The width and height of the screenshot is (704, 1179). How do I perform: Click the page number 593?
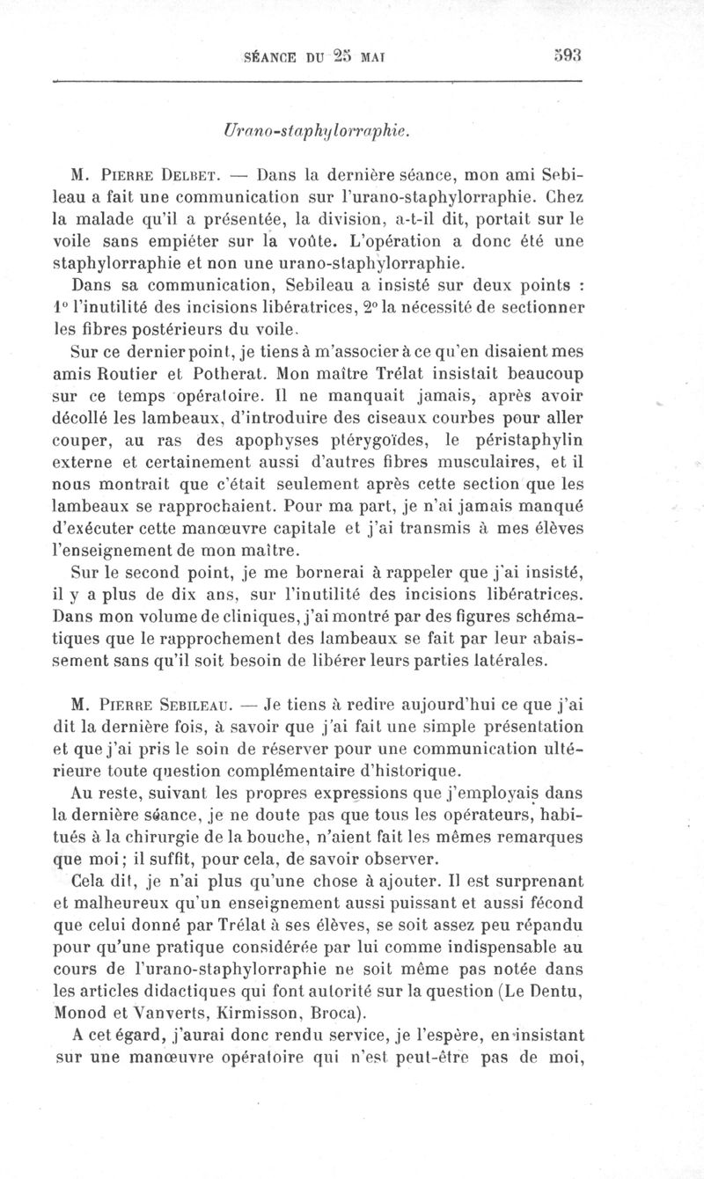(568, 55)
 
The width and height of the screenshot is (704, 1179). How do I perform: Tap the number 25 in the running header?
(341, 55)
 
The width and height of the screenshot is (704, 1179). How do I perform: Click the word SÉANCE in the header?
(268, 55)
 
